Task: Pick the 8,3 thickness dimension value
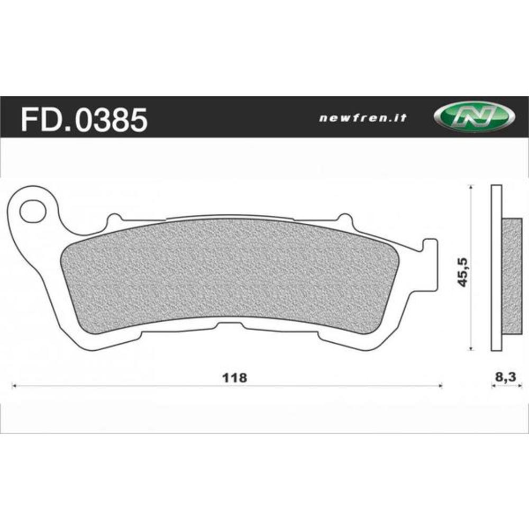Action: (x=502, y=378)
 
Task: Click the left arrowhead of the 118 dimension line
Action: (x=14, y=386)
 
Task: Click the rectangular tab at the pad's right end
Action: (x=431, y=264)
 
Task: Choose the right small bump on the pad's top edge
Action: (x=343, y=218)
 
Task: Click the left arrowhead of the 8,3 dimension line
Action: (x=493, y=386)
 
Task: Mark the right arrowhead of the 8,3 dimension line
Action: (x=516, y=386)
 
